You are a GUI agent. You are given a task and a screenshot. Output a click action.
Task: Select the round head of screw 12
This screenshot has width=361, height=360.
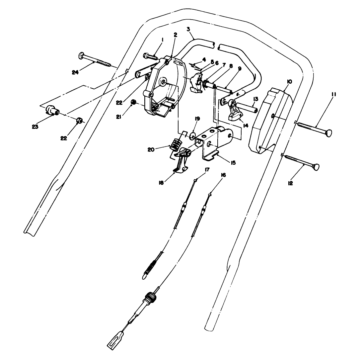click(317, 167)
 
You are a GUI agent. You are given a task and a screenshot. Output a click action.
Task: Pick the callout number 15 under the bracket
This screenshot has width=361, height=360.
click(233, 163)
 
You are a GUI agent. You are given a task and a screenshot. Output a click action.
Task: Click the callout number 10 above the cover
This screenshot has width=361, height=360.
click(289, 82)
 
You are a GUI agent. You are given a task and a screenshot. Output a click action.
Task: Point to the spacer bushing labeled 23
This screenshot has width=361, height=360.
click(52, 110)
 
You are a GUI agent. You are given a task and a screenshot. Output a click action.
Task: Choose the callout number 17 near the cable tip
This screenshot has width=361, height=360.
click(207, 170)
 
